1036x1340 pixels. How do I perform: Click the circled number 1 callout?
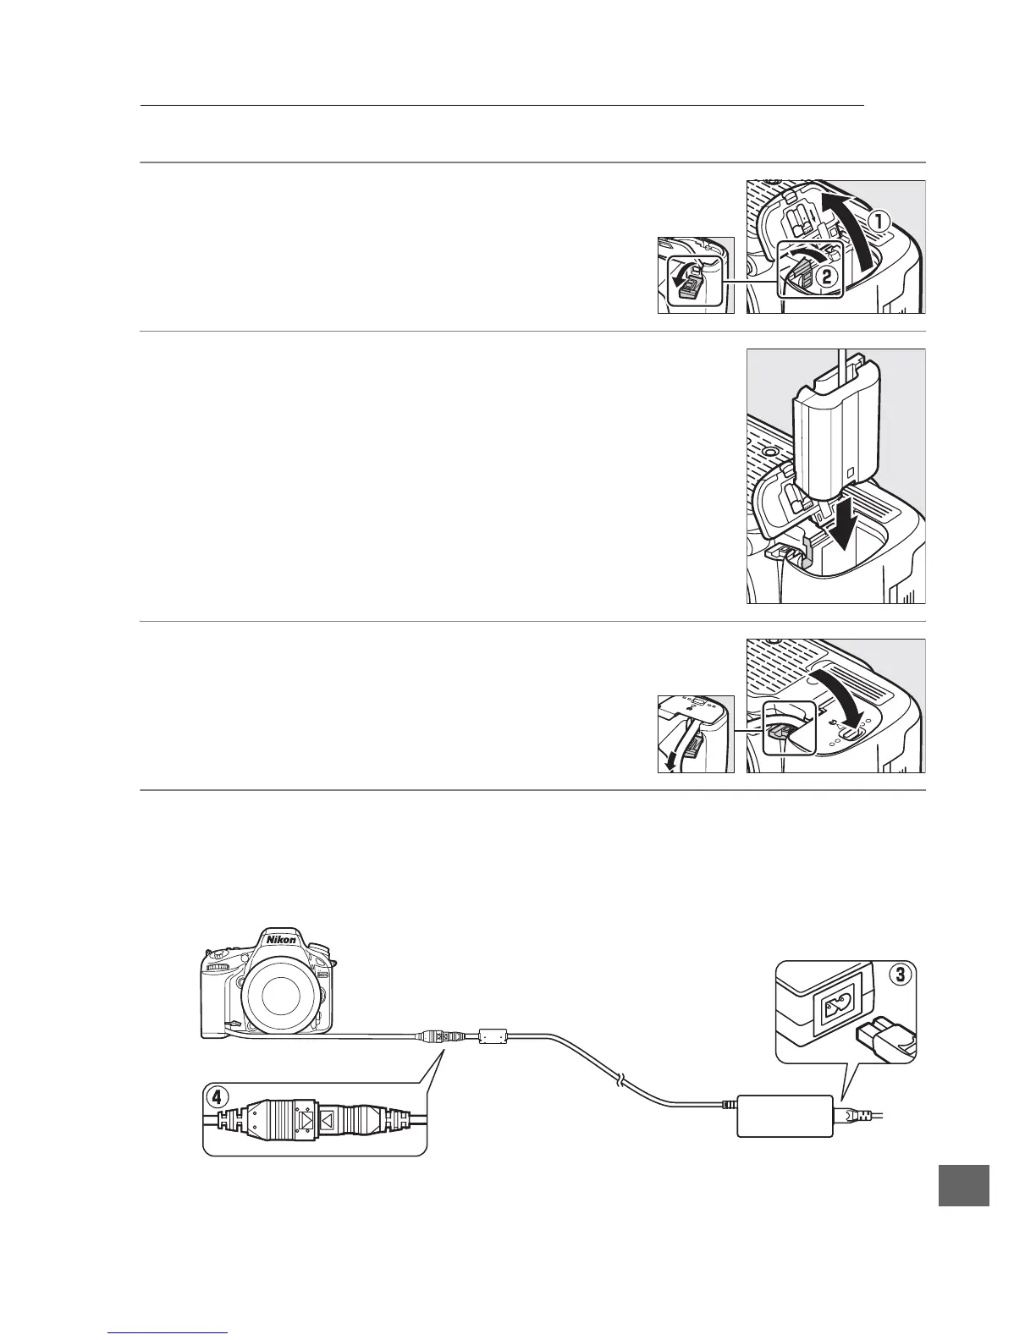879,222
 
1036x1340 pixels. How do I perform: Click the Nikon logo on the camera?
281,939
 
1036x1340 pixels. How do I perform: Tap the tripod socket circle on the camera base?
771,453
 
